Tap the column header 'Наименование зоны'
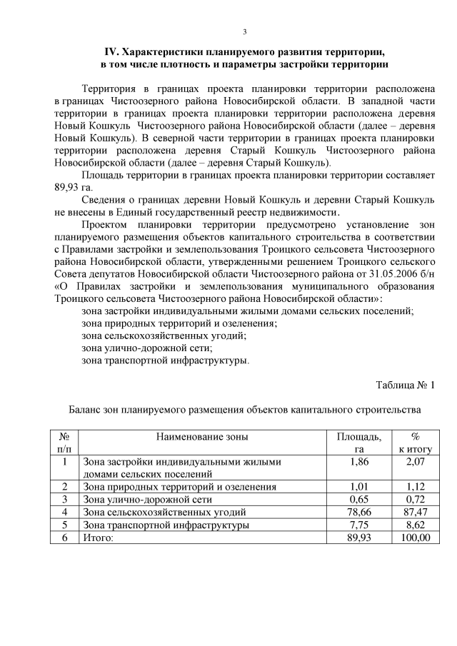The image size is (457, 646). (204, 436)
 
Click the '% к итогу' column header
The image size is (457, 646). (415, 443)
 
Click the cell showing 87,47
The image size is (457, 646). (416, 512)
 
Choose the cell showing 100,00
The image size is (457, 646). (415, 538)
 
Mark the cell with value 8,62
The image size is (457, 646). (416, 525)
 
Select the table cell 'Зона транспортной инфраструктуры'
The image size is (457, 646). (166, 525)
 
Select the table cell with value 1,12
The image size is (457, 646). (416, 487)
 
